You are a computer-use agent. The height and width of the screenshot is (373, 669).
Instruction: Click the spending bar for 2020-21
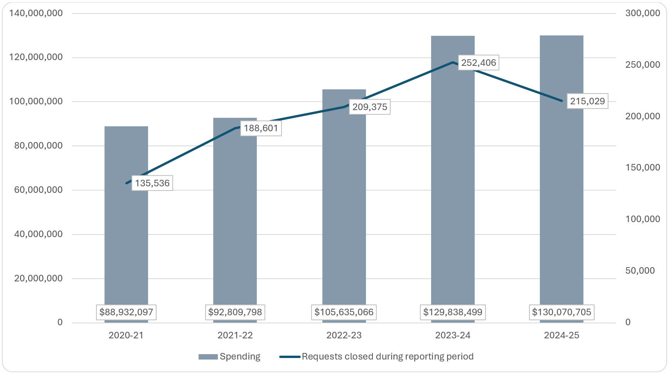point(126,239)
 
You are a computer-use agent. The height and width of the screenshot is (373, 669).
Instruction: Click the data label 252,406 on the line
point(479,63)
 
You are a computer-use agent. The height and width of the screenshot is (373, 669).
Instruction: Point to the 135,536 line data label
point(152,183)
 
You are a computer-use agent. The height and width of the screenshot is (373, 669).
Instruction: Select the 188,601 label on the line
point(261,128)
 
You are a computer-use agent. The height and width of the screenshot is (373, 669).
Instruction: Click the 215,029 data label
point(587,101)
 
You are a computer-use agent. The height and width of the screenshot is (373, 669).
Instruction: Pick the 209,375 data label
point(370,107)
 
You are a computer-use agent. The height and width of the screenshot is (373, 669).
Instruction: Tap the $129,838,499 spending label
point(453,312)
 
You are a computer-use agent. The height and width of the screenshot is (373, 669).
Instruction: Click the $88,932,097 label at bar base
point(126,312)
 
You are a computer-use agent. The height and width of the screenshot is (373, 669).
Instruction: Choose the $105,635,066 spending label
point(344,312)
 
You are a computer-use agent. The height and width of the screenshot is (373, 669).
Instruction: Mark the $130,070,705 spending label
point(561,312)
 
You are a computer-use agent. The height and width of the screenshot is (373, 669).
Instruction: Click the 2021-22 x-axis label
point(235,335)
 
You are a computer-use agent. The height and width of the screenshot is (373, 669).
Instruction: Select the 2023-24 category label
point(453,335)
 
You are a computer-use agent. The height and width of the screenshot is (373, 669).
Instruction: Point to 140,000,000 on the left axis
point(36,13)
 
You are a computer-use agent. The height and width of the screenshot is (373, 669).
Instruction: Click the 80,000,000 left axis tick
point(38,146)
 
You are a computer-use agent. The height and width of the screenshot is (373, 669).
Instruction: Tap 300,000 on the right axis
point(642,13)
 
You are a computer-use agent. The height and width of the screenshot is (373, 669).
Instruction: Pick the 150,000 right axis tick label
point(642,168)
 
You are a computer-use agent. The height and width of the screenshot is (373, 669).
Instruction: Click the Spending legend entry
point(230,356)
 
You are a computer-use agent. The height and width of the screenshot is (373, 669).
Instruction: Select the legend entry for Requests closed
point(377,356)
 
